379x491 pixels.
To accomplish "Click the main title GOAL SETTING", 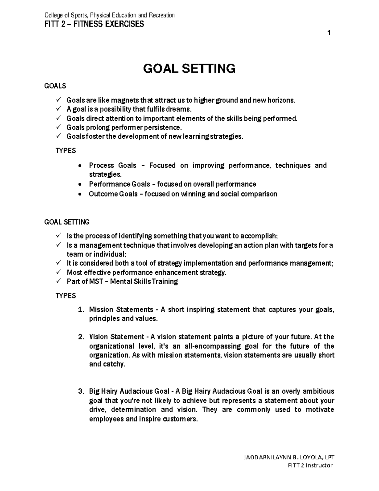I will click(x=189, y=68).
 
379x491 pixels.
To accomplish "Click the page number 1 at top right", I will click(x=329, y=33).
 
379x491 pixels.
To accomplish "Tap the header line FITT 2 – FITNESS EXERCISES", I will click(x=94, y=24).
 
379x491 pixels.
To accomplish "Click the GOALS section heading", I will click(x=55, y=86).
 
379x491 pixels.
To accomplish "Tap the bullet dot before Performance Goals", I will click(x=81, y=185).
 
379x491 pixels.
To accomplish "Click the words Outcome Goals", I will click(x=113, y=194).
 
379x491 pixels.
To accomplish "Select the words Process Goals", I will click(x=112, y=165).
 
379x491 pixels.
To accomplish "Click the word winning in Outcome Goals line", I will click(x=193, y=194).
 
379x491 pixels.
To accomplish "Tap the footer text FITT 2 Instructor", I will click(x=310, y=465).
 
